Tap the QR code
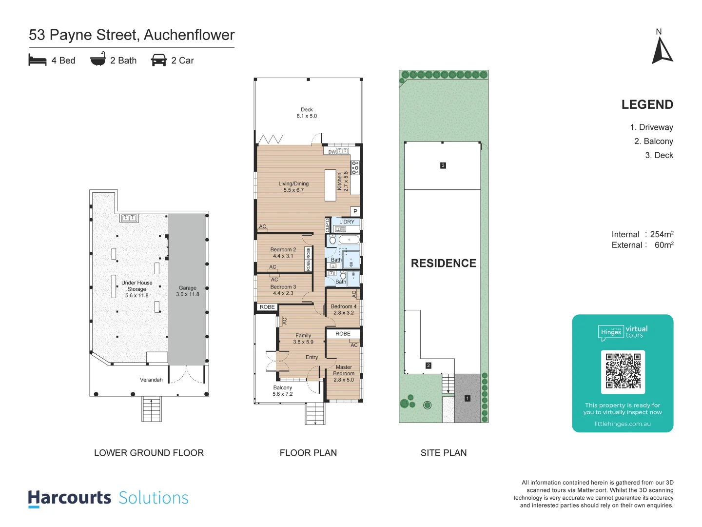(623, 371)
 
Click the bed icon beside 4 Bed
(38, 60)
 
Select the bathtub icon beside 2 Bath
(98, 59)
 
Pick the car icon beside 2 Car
(159, 60)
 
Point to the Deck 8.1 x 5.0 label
(307, 113)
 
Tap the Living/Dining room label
(293, 187)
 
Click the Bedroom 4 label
(344, 309)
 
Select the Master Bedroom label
(344, 373)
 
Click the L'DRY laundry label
(347, 222)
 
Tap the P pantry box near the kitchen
(355, 211)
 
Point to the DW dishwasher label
(332, 152)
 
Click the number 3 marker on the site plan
(443, 165)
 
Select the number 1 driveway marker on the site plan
(468, 398)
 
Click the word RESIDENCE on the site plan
(443, 263)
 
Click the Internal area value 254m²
(662, 234)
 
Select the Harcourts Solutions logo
(108, 498)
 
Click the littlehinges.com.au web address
(623, 424)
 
